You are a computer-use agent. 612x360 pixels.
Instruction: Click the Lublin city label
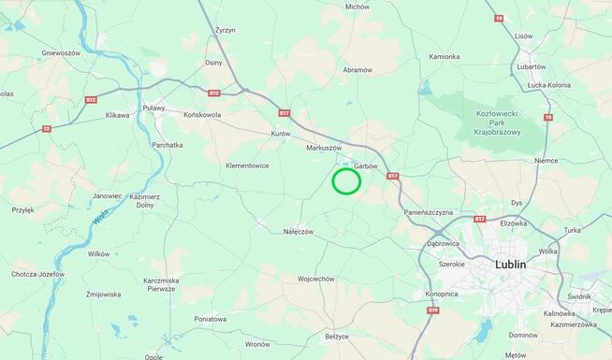click(x=510, y=265)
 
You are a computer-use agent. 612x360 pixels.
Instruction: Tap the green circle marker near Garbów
click(x=346, y=180)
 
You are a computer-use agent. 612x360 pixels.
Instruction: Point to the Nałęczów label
click(x=299, y=231)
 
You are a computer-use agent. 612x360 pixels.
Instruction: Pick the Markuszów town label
click(x=324, y=148)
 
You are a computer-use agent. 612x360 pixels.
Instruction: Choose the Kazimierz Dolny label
click(x=145, y=201)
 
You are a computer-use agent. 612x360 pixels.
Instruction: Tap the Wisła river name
click(x=101, y=219)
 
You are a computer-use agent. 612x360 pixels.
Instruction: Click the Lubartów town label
click(x=531, y=66)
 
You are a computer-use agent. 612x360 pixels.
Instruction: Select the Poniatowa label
click(x=211, y=319)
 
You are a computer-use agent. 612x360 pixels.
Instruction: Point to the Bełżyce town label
click(x=336, y=336)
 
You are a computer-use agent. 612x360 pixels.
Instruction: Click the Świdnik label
click(x=579, y=296)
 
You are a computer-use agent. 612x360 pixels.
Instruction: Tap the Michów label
click(x=357, y=7)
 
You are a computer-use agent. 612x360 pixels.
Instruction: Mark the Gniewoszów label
click(x=61, y=53)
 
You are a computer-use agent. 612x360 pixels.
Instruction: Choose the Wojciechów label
click(x=316, y=279)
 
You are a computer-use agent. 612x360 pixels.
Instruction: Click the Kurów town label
click(x=281, y=134)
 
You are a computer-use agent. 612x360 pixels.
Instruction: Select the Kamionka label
click(x=444, y=56)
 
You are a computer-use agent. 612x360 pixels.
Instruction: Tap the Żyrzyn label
click(x=225, y=31)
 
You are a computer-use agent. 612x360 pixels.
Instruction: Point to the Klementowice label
click(x=247, y=166)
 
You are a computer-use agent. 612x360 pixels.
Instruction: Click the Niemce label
click(x=546, y=160)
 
